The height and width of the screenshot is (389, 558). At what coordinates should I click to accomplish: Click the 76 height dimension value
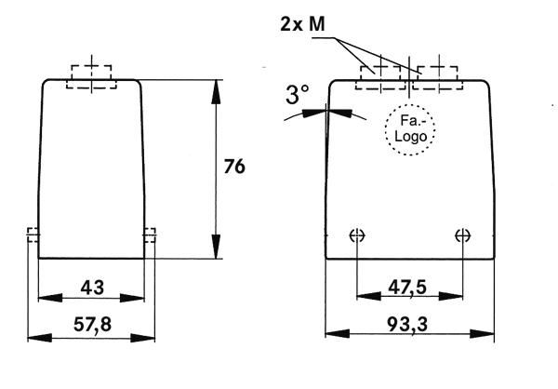coord(234,167)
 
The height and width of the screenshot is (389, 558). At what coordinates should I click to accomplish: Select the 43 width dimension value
coord(92,288)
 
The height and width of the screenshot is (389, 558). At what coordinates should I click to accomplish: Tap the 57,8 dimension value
coord(92,325)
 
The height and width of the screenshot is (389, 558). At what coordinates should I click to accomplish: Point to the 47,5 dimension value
coord(407,288)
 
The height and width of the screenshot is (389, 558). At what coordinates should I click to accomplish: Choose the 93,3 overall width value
coord(407,325)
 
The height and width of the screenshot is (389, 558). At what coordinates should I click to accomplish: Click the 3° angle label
coord(298,95)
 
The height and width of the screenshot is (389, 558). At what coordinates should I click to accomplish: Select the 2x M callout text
coord(302,24)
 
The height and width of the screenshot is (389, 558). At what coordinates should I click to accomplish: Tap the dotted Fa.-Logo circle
coord(410,104)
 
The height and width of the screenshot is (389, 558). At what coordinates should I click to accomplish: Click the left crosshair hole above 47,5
coord(357,235)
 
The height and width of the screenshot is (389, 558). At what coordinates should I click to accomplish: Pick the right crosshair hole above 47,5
coord(462,235)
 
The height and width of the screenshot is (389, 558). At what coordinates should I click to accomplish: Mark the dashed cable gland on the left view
coord(91,76)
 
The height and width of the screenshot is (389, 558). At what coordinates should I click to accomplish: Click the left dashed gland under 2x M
coord(380,77)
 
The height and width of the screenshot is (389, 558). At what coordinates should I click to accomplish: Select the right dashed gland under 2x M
coord(438,77)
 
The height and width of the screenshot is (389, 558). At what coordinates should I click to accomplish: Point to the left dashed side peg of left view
coord(33,235)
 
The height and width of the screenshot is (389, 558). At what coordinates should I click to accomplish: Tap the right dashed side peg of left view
coord(150,235)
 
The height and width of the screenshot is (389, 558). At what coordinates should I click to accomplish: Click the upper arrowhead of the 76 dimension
coord(216,92)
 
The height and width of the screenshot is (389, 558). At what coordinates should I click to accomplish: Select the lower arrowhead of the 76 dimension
coord(216,247)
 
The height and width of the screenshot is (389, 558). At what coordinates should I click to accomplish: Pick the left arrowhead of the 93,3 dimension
coord(338,334)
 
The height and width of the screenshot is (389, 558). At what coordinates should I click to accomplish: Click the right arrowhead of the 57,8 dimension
coord(142,338)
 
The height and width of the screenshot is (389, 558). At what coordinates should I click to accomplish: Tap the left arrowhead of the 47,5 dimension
coord(368,296)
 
